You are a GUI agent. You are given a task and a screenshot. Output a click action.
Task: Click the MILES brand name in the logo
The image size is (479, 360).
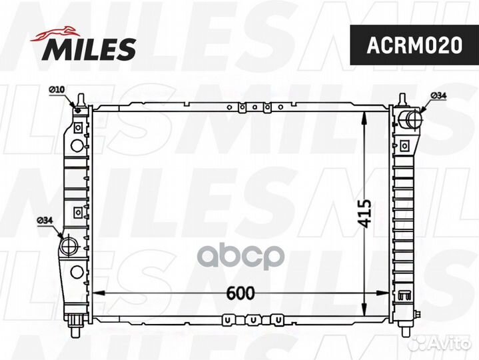click(x=91, y=48)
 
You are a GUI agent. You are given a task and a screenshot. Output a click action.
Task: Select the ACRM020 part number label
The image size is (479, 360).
click(x=414, y=45)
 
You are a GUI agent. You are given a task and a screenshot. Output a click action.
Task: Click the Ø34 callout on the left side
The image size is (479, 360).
click(x=45, y=220)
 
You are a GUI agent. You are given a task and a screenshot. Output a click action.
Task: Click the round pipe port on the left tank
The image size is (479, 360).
click(x=69, y=246)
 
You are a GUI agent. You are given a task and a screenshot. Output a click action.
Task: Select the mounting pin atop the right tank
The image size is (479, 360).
click(x=403, y=99)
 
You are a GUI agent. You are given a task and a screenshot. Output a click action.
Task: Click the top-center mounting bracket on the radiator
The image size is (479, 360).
click(x=254, y=107)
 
